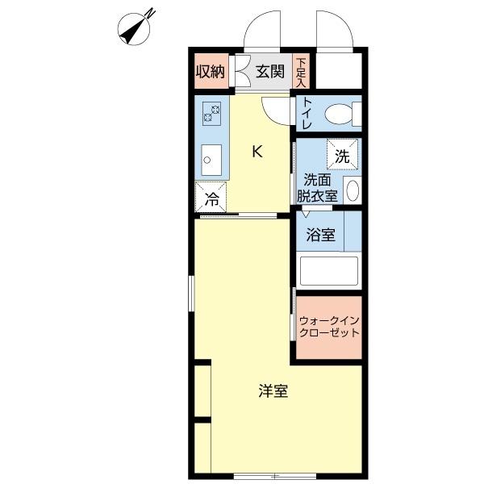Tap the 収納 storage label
pyautogui.click(x=210, y=71)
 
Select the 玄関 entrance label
pyautogui.click(x=270, y=71)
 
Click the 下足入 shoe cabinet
pyautogui.click(x=301, y=71)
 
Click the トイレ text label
pyautogui.click(x=307, y=115)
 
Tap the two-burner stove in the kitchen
pyautogui.click(x=212, y=113)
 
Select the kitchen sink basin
pyautogui.click(x=211, y=159)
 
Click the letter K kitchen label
pyautogui.click(x=257, y=151)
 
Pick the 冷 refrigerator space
pyautogui.click(x=211, y=197)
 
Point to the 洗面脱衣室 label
pyautogui.click(x=316, y=187)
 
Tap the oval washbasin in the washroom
pyautogui.click(x=353, y=191)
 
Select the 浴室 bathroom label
pyautogui.click(x=320, y=236)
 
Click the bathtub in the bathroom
pyautogui.click(x=328, y=271)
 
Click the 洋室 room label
pyautogui.click(x=273, y=391)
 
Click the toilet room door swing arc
pyautogui.click(x=280, y=111)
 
